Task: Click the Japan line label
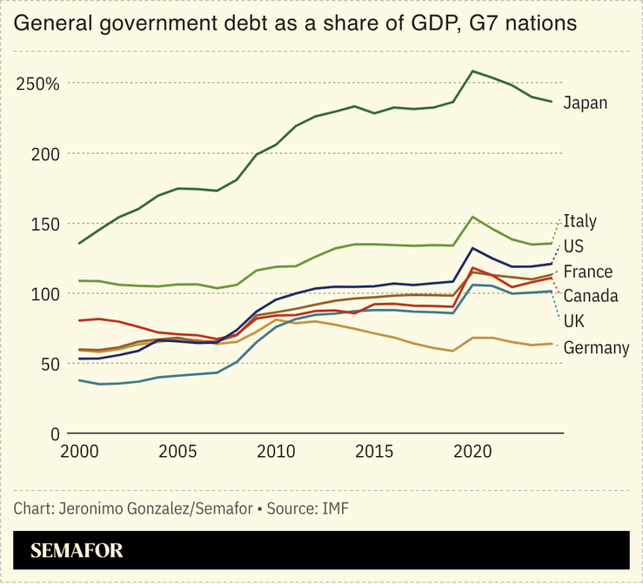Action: [585, 104]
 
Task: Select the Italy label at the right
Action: [579, 221]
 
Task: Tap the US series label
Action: [573, 246]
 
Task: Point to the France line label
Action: [587, 272]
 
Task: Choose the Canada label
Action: [591, 296]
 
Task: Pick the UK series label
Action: [573, 321]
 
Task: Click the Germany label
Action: [596, 348]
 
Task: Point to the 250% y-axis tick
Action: [37, 84]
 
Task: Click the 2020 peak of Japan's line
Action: [472, 71]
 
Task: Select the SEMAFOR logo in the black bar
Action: [77, 550]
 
